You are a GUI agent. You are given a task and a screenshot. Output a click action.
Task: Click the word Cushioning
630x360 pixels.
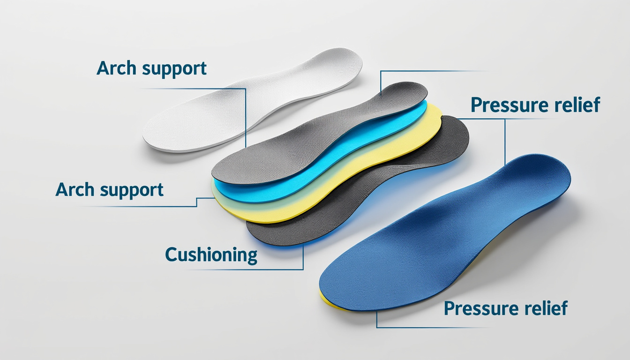(x=211, y=255)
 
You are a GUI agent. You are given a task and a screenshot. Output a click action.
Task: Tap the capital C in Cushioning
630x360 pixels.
(x=172, y=255)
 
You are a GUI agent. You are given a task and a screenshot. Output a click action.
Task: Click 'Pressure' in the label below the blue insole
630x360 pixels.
(x=478, y=309)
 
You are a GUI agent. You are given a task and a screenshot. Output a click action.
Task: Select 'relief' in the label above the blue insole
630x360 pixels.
(x=576, y=105)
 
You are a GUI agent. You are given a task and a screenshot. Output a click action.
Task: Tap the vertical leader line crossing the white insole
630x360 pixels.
(x=246, y=117)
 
